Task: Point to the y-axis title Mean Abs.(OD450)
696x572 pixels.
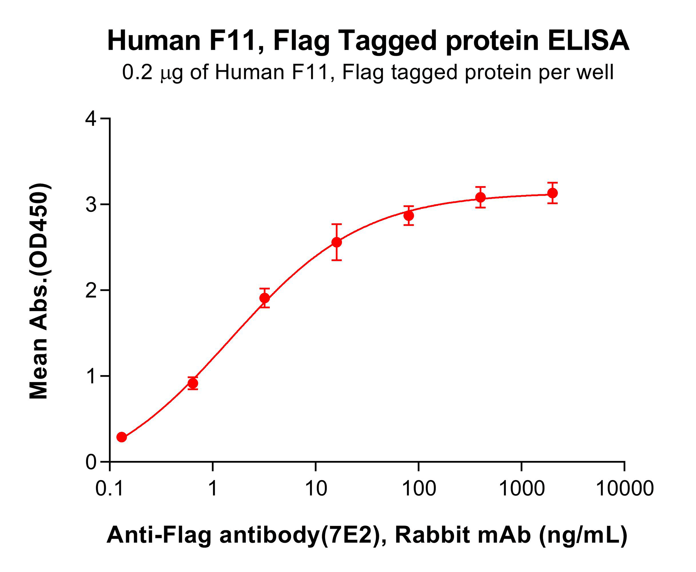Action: click(39, 291)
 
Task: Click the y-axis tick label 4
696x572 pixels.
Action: click(91, 119)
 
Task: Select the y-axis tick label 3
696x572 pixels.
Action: click(91, 205)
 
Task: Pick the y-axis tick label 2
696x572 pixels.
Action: click(91, 291)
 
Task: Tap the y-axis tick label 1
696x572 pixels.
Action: click(91, 377)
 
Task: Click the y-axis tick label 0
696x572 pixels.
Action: click(91, 462)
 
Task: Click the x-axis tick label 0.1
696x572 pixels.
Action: click(110, 488)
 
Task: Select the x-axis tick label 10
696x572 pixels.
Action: click(316, 488)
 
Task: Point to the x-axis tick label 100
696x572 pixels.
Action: click(419, 488)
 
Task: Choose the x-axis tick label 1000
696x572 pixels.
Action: click(522, 488)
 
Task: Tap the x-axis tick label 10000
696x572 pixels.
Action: click(625, 488)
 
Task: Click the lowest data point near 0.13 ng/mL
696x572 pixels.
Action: click(122, 437)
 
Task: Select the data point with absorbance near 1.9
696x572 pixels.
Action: click(265, 298)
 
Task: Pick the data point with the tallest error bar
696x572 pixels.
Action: click(337, 242)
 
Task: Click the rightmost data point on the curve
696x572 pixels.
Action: click(552, 193)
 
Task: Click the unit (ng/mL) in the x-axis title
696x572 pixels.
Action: click(583, 535)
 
